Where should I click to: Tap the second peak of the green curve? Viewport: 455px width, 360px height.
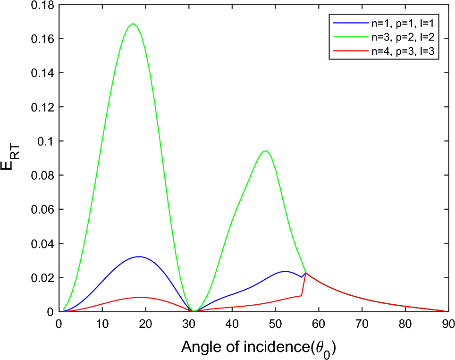pyautogui.click(x=267, y=151)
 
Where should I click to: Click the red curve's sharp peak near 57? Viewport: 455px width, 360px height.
pyautogui.click(x=306, y=273)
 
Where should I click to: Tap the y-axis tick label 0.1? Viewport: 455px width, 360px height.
pyautogui.click(x=47, y=141)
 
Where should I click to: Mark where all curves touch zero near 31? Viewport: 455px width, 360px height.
pyautogui.click(x=193, y=311)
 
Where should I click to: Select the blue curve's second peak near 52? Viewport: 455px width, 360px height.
pyautogui.click(x=285, y=271)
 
